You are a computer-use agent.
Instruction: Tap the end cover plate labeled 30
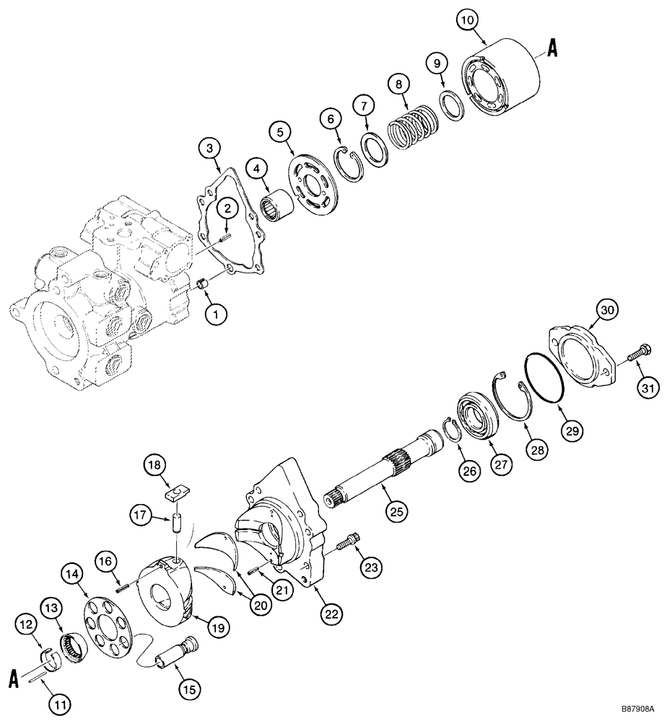585,355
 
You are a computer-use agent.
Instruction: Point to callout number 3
209,149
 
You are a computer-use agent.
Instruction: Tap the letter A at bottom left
14,679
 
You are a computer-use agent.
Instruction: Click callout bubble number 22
332,614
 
